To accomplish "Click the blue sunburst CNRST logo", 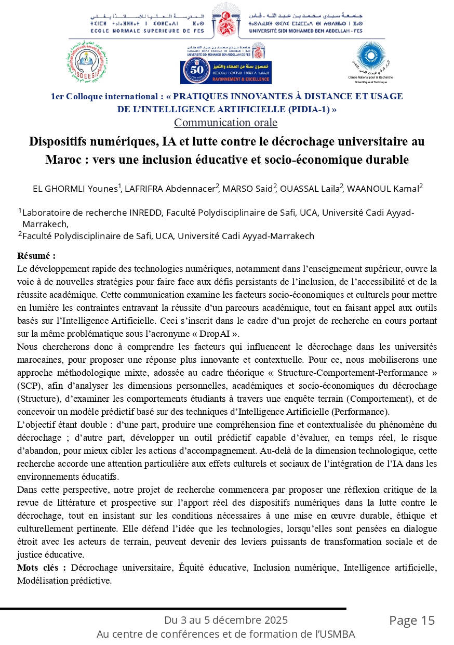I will (x=370, y=57).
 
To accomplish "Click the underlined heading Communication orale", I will (x=218, y=123).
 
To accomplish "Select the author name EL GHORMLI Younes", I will (x=75, y=189).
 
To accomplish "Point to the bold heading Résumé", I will (x=36, y=256).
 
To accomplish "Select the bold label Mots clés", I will (x=41, y=567).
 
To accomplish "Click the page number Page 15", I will (x=411, y=620).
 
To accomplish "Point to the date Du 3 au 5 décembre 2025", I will (x=226, y=620).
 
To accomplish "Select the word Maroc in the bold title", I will (x=62, y=160).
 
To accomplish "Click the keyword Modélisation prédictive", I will (x=64, y=580).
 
